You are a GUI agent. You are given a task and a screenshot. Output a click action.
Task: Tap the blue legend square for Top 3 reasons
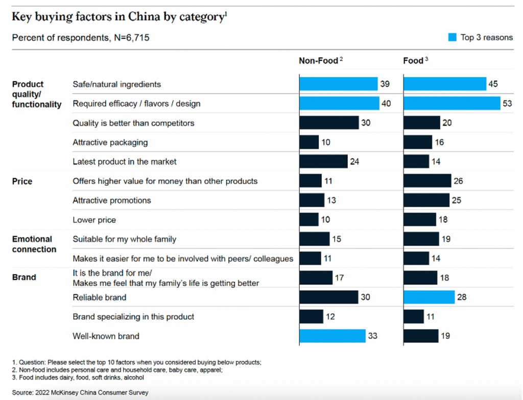pyautogui.click(x=452, y=37)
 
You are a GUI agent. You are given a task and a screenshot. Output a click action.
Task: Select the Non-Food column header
pyautogui.click(x=319, y=61)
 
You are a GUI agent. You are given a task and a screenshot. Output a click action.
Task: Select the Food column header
pyautogui.click(x=413, y=61)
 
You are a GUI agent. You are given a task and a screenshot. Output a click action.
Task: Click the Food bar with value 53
pyautogui.click(x=451, y=103)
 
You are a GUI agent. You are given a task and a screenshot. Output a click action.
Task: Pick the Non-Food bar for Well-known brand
pyautogui.click(x=332, y=336)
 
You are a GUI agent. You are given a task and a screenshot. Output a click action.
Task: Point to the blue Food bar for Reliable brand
pyautogui.click(x=429, y=297)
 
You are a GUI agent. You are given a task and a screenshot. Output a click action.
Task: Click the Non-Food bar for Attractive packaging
pyautogui.click(x=309, y=142)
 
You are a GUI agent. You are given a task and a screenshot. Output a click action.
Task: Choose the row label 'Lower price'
pyautogui.click(x=94, y=220)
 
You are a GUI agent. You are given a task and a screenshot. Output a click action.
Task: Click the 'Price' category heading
pyautogui.click(x=22, y=181)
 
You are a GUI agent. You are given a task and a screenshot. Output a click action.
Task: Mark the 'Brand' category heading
pyautogui.click(x=24, y=277)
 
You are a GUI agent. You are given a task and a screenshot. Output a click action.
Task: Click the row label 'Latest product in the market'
pyautogui.click(x=125, y=161)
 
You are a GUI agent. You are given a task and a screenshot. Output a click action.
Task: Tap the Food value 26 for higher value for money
pyautogui.click(x=458, y=181)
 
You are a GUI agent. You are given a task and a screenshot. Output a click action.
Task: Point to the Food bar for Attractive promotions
pyautogui.click(x=426, y=200)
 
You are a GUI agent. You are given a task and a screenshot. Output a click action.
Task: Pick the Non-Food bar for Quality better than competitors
pyautogui.click(x=329, y=123)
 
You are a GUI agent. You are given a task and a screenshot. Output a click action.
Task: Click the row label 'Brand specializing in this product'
pyautogui.click(x=133, y=317)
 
